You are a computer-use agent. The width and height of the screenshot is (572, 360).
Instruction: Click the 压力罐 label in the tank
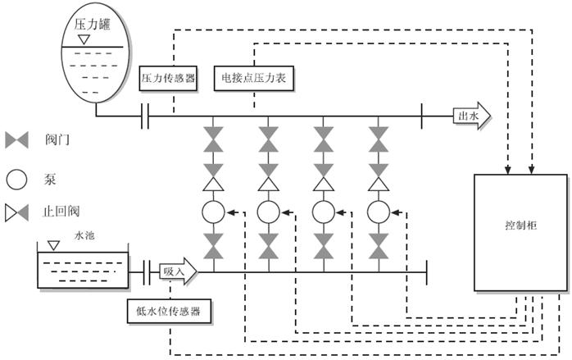(x=93, y=24)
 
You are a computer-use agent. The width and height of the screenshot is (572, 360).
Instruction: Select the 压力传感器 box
(x=168, y=78)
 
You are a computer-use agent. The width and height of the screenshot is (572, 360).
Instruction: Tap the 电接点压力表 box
(x=253, y=78)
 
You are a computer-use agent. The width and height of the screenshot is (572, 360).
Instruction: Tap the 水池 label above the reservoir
(x=85, y=235)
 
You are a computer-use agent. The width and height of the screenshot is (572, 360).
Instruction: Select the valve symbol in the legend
(x=18, y=141)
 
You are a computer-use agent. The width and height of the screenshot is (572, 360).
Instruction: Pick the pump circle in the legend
(x=18, y=178)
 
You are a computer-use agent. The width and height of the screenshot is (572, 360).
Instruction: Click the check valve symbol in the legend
(x=17, y=215)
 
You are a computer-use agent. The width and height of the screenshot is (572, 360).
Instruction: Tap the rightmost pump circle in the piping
(x=378, y=212)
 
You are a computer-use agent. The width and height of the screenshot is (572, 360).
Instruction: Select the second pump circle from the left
(x=268, y=212)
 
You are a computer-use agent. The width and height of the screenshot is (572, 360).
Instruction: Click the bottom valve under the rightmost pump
(x=378, y=244)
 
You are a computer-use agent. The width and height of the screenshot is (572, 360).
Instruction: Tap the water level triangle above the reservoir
(x=53, y=244)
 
